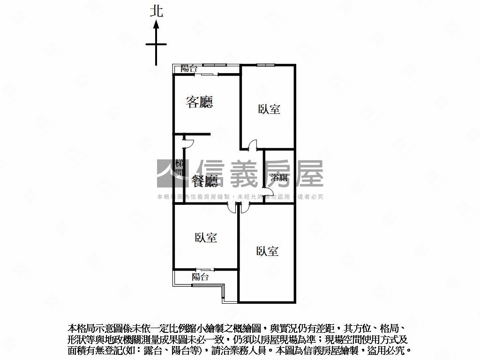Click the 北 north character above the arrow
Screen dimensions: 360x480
[157, 11]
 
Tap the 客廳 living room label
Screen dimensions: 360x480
[199, 102]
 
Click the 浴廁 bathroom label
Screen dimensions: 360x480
[279, 178]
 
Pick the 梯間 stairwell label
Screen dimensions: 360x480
[179, 168]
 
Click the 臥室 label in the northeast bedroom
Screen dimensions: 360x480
[269, 109]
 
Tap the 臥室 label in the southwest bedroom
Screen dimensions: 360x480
[206, 238]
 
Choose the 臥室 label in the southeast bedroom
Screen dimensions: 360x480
[268, 251]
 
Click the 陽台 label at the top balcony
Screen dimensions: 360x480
[189, 68]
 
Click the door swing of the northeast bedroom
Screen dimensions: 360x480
[253, 145]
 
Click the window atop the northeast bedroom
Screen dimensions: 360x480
[265, 65]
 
